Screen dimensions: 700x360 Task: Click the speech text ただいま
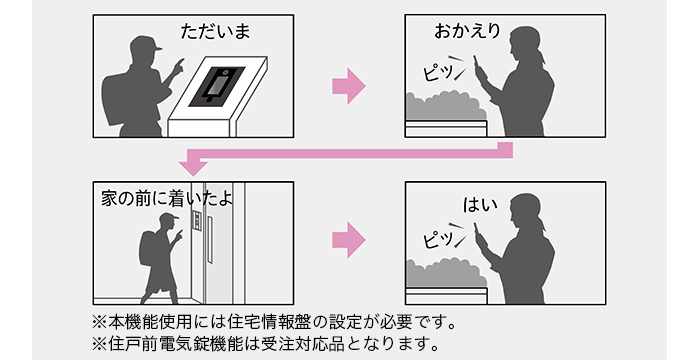pos(216,32)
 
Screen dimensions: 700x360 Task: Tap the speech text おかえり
pos(467,32)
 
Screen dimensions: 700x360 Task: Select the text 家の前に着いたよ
pos(167,199)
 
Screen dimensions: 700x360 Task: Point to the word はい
pos(480,205)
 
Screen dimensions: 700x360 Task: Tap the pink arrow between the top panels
pos(349,86)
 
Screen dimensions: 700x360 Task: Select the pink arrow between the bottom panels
pos(349,240)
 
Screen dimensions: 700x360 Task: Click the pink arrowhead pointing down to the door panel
pos(193,168)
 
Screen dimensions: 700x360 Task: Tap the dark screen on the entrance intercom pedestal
pos(217,87)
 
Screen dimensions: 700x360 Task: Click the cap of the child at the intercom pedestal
pos(146,44)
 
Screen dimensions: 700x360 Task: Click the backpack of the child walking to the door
pos(147,248)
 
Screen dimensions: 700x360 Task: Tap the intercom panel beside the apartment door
pos(196,221)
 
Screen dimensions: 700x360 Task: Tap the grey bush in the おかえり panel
pos(446,106)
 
